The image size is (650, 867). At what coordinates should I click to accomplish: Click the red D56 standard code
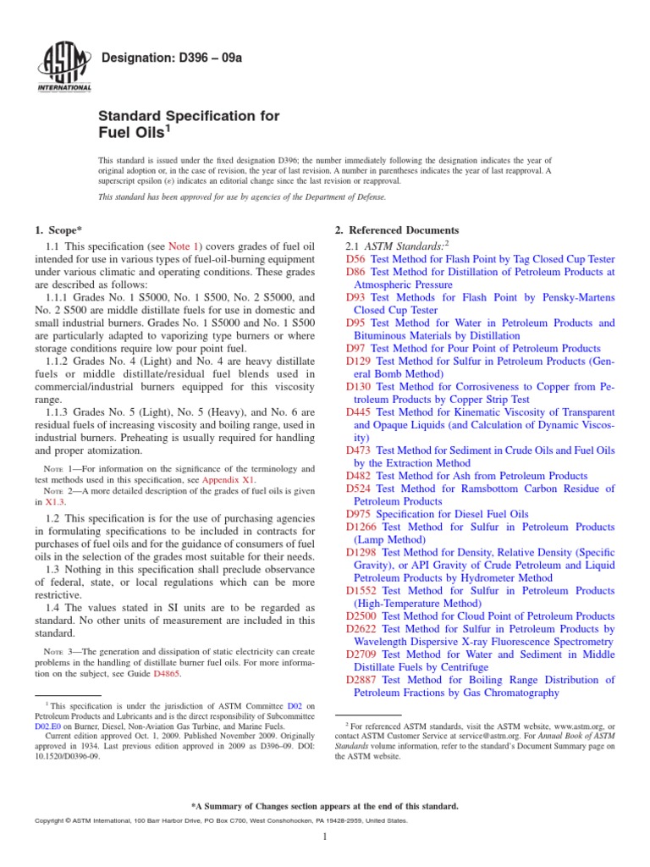(356, 259)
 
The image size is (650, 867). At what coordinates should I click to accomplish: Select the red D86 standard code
(356, 272)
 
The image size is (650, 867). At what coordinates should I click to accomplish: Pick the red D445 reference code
(360, 412)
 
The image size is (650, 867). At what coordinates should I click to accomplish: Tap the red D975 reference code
(360, 514)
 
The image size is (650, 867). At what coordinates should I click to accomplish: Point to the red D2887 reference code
(363, 680)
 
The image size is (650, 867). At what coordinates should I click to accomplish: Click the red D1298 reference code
(363, 553)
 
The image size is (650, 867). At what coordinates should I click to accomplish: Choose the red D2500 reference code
(363, 616)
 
